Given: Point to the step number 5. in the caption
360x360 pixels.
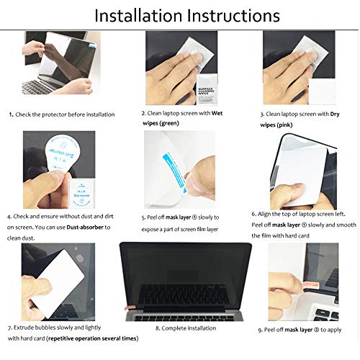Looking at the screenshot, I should tap(144, 217).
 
